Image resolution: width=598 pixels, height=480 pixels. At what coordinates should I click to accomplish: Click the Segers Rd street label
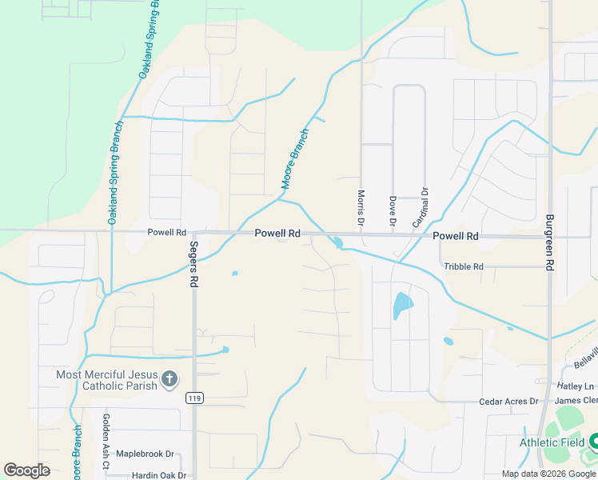pyautogui.click(x=193, y=265)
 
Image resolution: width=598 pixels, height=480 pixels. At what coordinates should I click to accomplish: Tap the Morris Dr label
pyautogui.click(x=361, y=206)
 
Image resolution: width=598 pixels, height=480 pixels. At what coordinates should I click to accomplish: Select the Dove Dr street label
pyautogui.click(x=393, y=210)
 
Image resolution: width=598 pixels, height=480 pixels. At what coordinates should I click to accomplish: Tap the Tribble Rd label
pyautogui.click(x=464, y=266)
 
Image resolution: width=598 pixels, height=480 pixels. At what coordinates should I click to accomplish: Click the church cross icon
pyautogui.click(x=169, y=379)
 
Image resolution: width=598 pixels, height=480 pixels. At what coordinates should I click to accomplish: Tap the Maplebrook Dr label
pyautogui.click(x=145, y=454)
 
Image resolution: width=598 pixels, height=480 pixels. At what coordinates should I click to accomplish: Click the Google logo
pyautogui.click(x=26, y=470)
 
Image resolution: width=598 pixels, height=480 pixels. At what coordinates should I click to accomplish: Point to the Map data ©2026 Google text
pyautogui.click(x=549, y=474)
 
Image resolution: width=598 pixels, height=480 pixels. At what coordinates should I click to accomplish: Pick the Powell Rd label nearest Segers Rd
pyautogui.click(x=166, y=233)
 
